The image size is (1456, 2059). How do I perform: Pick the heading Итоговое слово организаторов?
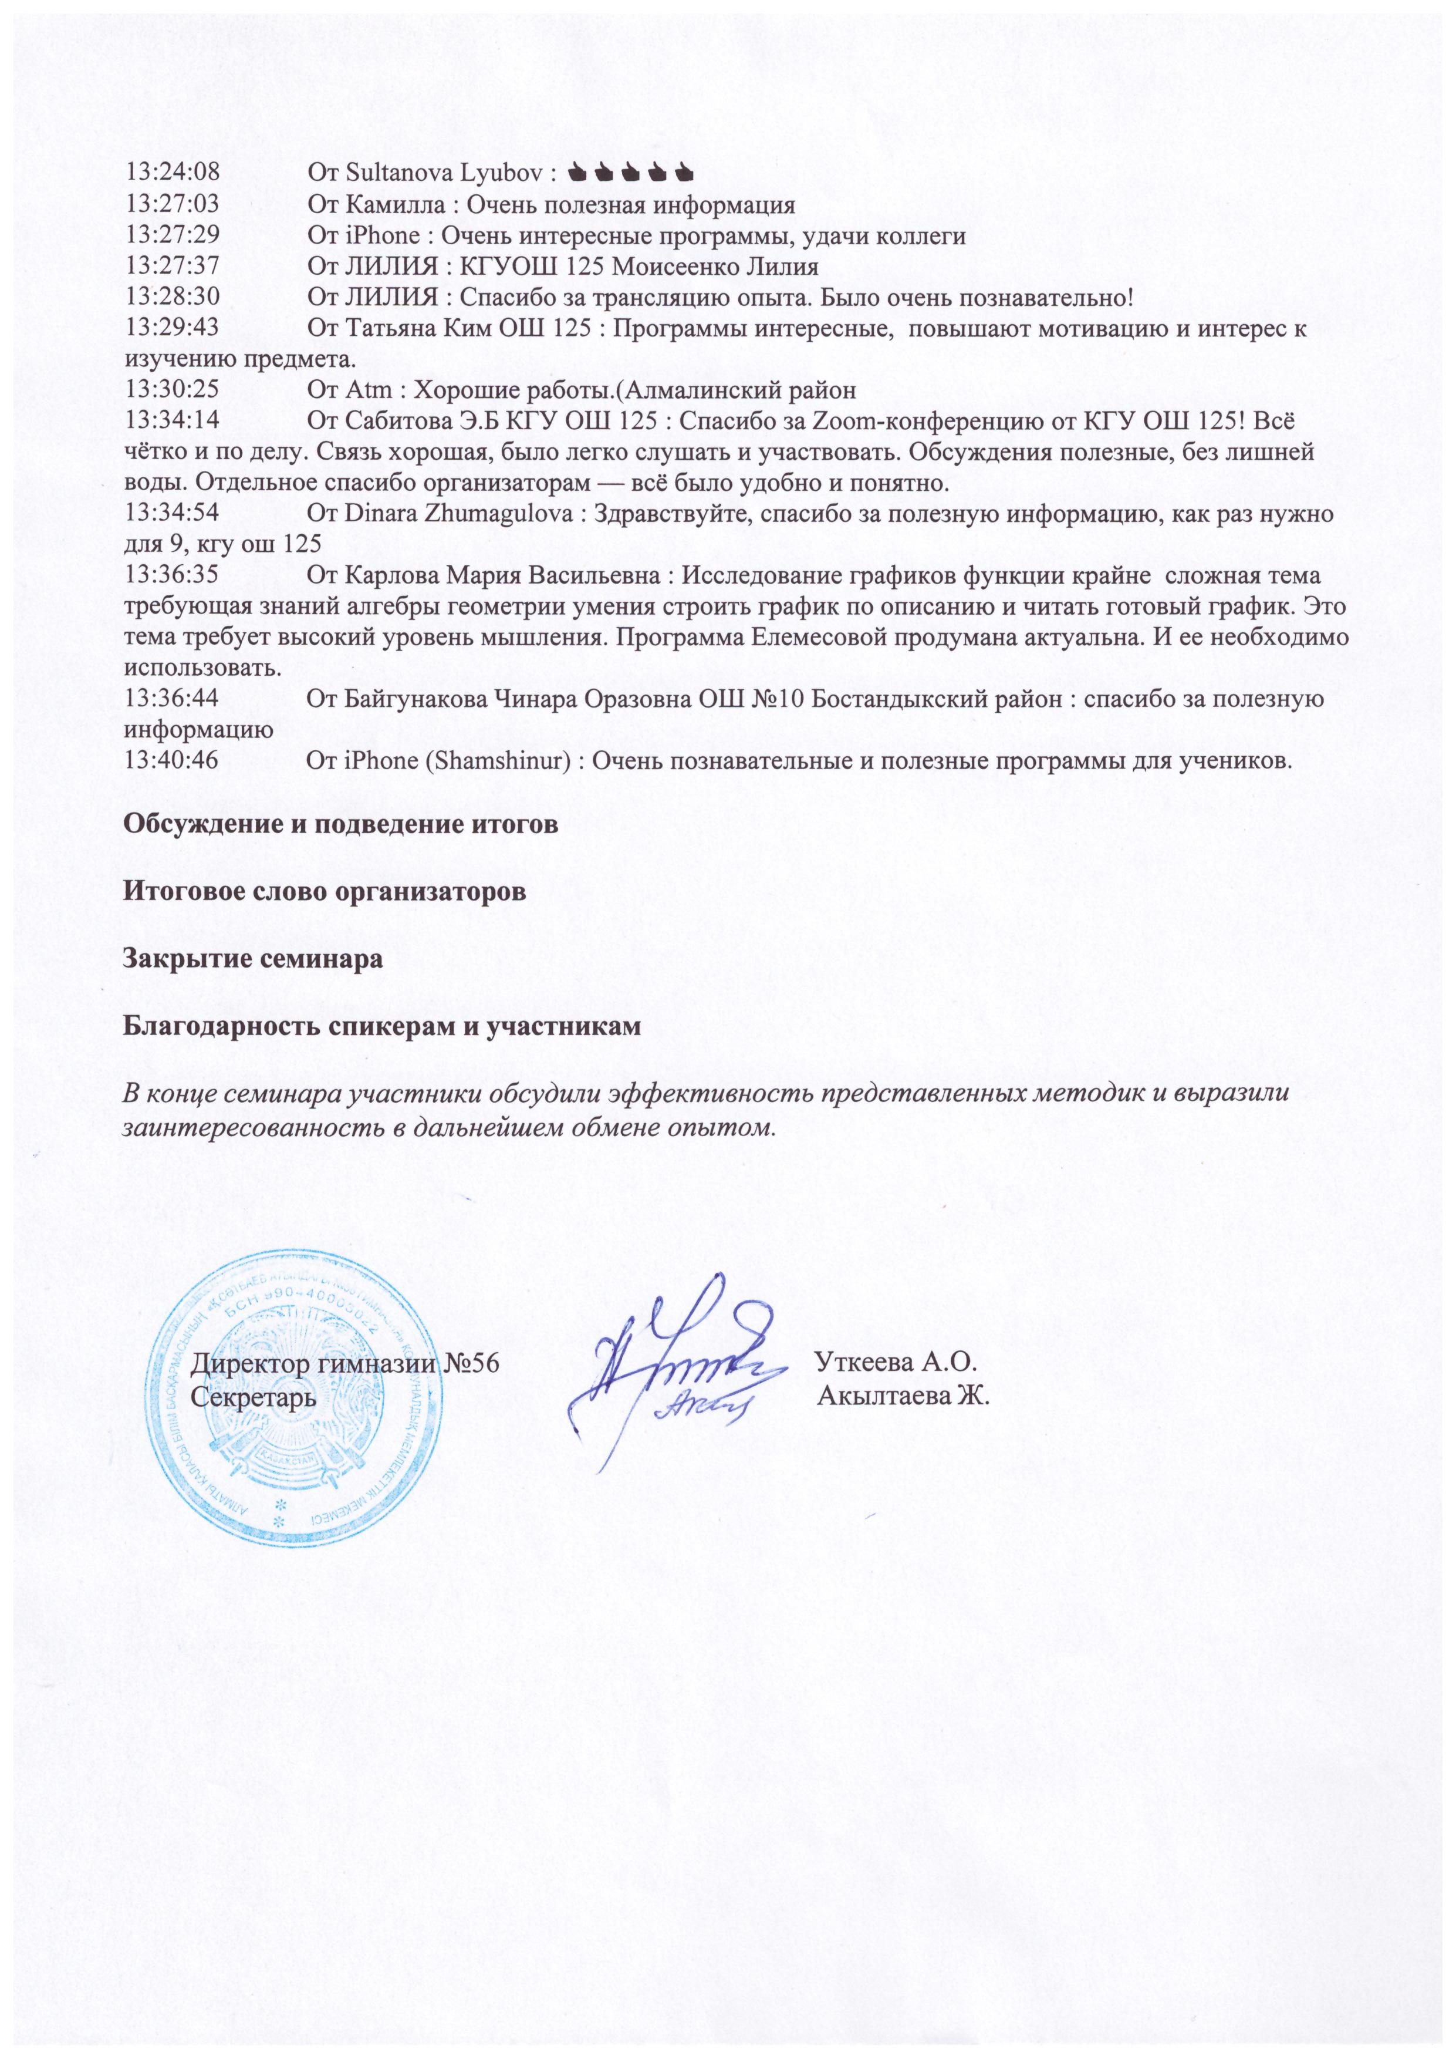[324, 892]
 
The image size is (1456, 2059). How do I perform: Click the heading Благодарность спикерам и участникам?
[382, 1026]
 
